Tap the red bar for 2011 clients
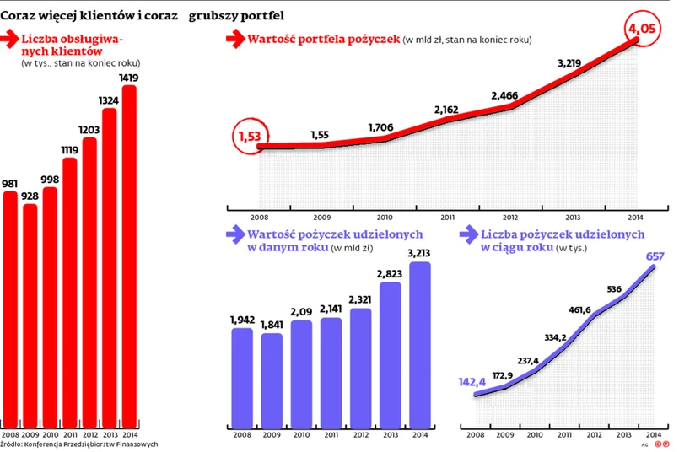(70, 287)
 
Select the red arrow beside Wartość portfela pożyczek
(234, 39)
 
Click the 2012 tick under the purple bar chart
(360, 434)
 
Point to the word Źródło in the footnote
(11, 444)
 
